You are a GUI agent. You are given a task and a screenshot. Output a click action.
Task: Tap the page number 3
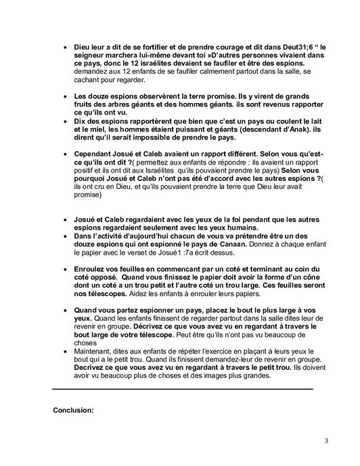click(x=326, y=442)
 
